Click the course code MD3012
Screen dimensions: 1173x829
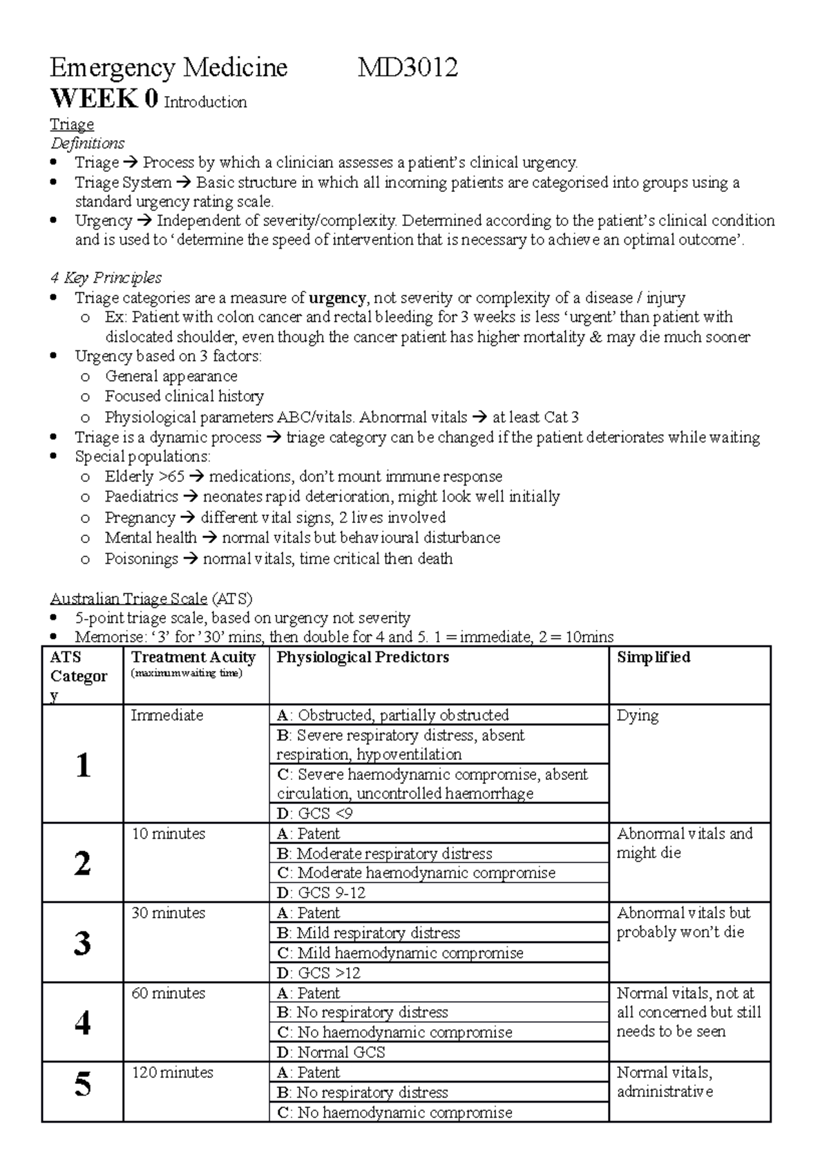pos(408,68)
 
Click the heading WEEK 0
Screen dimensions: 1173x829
pos(104,99)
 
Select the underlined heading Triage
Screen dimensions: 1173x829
pos(72,124)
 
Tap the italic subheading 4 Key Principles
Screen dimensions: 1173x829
pos(106,278)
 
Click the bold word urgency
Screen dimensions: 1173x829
pos(337,298)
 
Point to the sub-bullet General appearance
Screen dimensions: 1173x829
pos(171,376)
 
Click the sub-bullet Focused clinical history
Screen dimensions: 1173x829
pos(184,396)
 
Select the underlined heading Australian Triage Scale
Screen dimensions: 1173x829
pos(128,598)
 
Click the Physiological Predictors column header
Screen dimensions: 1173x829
pos(363,657)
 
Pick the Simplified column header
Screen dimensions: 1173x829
pos(653,657)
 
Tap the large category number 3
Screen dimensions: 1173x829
pos(82,942)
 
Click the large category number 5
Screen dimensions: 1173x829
pos(82,1085)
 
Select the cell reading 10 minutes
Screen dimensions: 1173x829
pos(168,834)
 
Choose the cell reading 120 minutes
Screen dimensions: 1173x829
pos(172,1072)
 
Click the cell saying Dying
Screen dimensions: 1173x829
pos(637,716)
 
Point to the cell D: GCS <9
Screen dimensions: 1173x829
pos(315,813)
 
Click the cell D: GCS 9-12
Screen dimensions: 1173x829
pos(321,893)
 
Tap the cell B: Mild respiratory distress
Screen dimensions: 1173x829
pos(368,933)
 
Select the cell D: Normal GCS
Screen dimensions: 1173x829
pos(331,1052)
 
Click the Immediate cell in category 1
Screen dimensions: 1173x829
pos(166,716)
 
